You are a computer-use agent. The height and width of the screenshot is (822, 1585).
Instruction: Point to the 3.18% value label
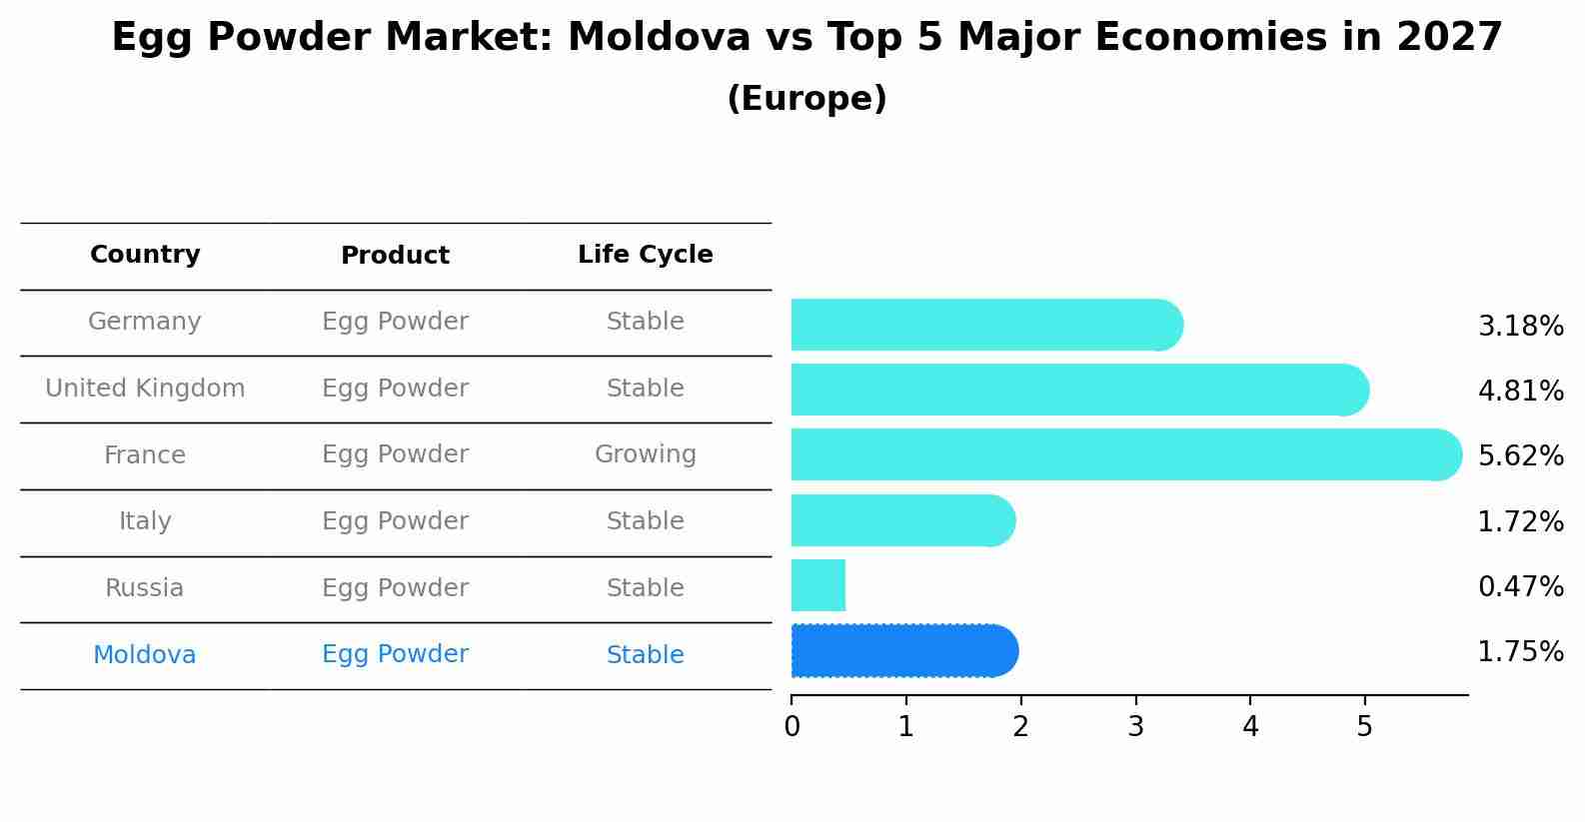tap(1520, 327)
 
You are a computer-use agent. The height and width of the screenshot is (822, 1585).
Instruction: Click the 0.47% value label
tap(1520, 586)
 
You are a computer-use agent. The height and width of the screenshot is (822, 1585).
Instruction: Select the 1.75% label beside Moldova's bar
tap(1520, 652)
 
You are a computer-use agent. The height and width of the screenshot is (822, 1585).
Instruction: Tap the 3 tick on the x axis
tap(1135, 726)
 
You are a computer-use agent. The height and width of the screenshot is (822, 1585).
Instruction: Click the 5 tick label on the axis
tap(1364, 726)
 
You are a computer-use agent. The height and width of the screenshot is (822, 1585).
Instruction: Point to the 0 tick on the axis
tap(792, 726)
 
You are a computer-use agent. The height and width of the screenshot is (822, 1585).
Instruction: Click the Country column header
tap(145, 255)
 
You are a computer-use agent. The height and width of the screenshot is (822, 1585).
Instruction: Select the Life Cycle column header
tap(645, 255)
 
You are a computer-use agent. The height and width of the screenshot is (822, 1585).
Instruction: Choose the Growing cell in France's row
tap(645, 454)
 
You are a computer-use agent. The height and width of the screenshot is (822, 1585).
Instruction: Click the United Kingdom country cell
tap(145, 389)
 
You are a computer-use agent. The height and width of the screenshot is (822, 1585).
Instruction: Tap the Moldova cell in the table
tap(145, 655)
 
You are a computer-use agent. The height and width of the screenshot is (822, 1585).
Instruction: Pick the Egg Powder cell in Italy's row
tap(395, 521)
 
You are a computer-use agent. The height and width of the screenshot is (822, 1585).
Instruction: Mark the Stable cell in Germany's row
tap(645, 322)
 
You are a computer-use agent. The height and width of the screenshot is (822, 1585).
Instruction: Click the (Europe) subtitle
tap(806, 99)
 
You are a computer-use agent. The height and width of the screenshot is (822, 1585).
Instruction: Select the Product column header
tap(395, 256)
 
